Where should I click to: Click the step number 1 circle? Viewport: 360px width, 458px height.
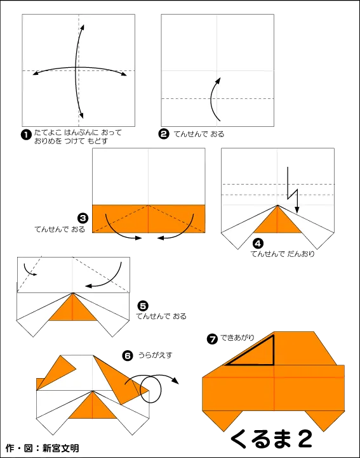point(26,134)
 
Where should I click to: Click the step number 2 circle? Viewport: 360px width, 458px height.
point(164,134)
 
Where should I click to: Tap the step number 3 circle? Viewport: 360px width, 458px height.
point(82,218)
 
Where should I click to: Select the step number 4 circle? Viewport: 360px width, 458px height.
point(258,244)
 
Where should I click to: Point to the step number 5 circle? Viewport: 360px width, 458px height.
point(143,306)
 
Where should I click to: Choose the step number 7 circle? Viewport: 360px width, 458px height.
point(212,339)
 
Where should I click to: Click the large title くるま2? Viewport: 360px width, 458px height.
point(271,438)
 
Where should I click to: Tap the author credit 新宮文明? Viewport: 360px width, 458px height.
point(60,448)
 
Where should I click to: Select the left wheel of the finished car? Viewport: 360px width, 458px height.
point(223,421)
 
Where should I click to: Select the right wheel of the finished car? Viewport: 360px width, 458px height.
point(324,421)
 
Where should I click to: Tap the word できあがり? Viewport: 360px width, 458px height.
point(237,337)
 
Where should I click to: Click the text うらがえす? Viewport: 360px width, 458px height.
point(156,355)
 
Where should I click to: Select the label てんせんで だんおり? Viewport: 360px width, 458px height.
point(283,254)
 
